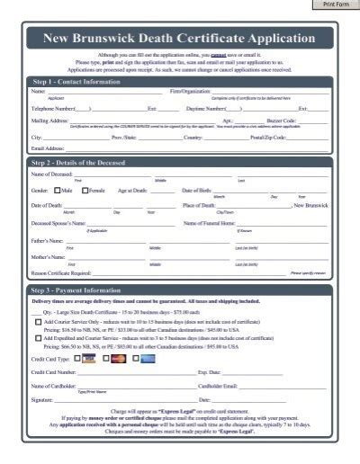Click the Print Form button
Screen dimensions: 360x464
[x=335, y=4]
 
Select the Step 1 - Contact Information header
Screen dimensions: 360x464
[x=76, y=81]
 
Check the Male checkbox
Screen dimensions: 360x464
[x=57, y=191]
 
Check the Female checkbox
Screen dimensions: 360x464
[x=85, y=191]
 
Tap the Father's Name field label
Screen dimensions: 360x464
[x=49, y=240]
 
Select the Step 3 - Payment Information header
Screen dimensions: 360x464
[x=76, y=291]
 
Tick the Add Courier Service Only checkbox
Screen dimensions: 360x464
[x=38, y=321]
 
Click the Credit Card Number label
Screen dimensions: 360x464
[x=57, y=371]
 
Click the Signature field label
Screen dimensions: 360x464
[x=42, y=399]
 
